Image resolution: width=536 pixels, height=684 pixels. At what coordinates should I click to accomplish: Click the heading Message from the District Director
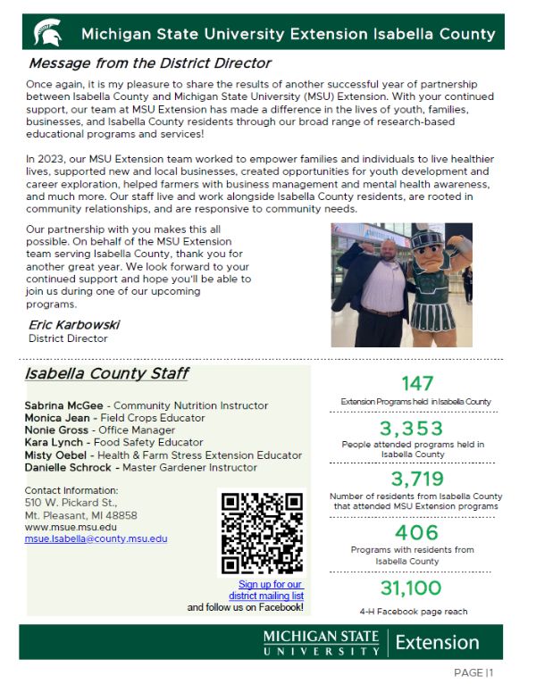tap(150, 64)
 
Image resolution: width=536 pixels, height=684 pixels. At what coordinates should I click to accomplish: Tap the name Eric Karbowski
tap(74, 325)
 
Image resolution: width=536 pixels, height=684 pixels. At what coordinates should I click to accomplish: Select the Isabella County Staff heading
tap(106, 374)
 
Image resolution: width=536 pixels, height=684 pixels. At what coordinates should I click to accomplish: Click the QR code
tap(261, 533)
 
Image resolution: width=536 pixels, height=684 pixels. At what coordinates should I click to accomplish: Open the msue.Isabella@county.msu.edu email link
tap(96, 539)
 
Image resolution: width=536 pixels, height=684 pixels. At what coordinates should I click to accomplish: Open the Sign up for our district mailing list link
tap(266, 590)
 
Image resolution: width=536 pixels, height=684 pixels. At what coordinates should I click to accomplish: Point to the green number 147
tap(417, 384)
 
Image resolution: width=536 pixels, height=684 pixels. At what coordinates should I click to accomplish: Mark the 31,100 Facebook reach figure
tap(411, 588)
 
